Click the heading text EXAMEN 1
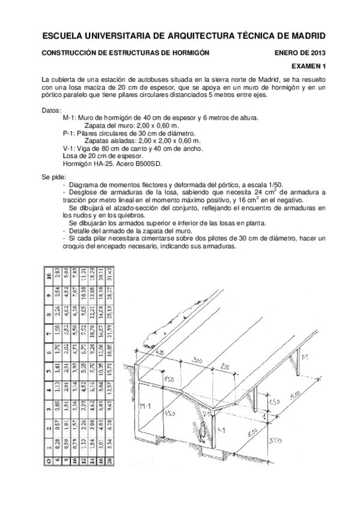pyautogui.click(x=308, y=66)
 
